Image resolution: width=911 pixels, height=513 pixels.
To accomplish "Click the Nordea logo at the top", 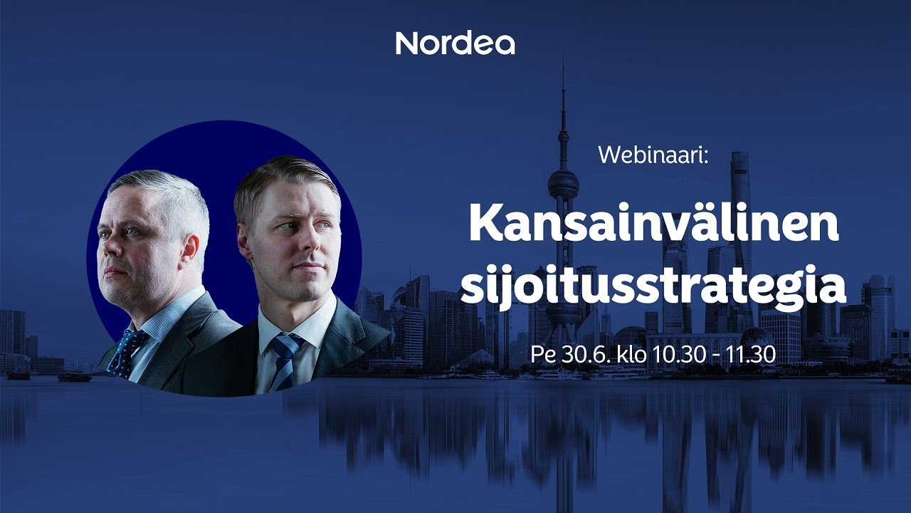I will (455, 43).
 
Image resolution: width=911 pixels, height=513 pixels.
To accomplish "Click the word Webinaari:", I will (653, 155).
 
